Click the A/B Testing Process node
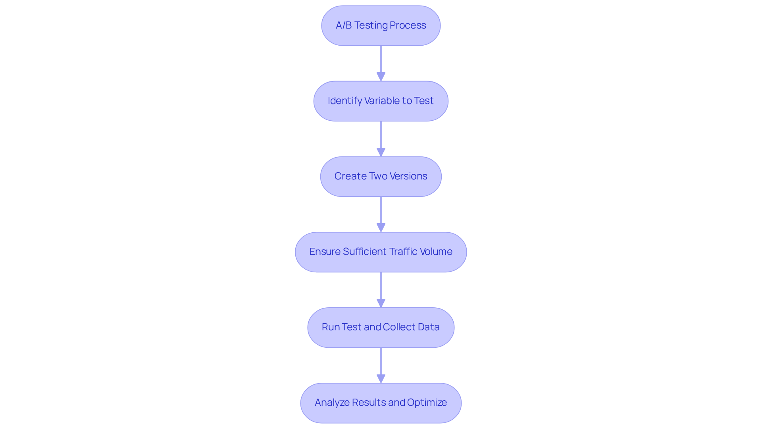[x=381, y=26]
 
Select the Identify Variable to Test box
[x=381, y=101]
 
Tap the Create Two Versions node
[x=381, y=177]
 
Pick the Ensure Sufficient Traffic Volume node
[x=381, y=252]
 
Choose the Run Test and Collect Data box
[x=381, y=328]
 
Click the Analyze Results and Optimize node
[x=381, y=403]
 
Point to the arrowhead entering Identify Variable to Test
[x=381, y=77]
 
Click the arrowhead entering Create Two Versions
[x=381, y=152]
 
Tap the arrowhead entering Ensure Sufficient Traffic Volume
[x=381, y=228]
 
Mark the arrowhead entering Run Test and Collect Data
[x=381, y=303]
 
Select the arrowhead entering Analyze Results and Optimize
[x=381, y=378]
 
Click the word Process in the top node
[x=408, y=25]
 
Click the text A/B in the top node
[x=344, y=25]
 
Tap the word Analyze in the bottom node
[x=332, y=403]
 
